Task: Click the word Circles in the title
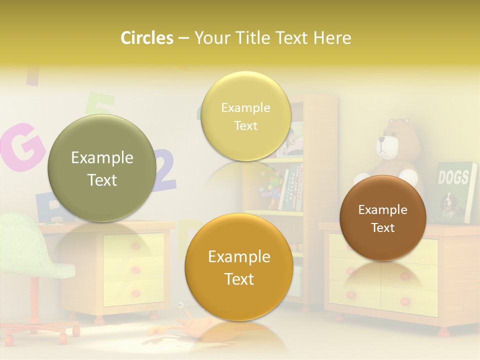click(x=146, y=38)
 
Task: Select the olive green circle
click(x=102, y=168)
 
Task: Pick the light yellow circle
click(x=245, y=116)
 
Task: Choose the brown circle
click(x=383, y=218)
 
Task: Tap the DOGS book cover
click(x=455, y=192)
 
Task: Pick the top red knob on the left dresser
click(x=135, y=246)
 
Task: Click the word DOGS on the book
click(x=453, y=177)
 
